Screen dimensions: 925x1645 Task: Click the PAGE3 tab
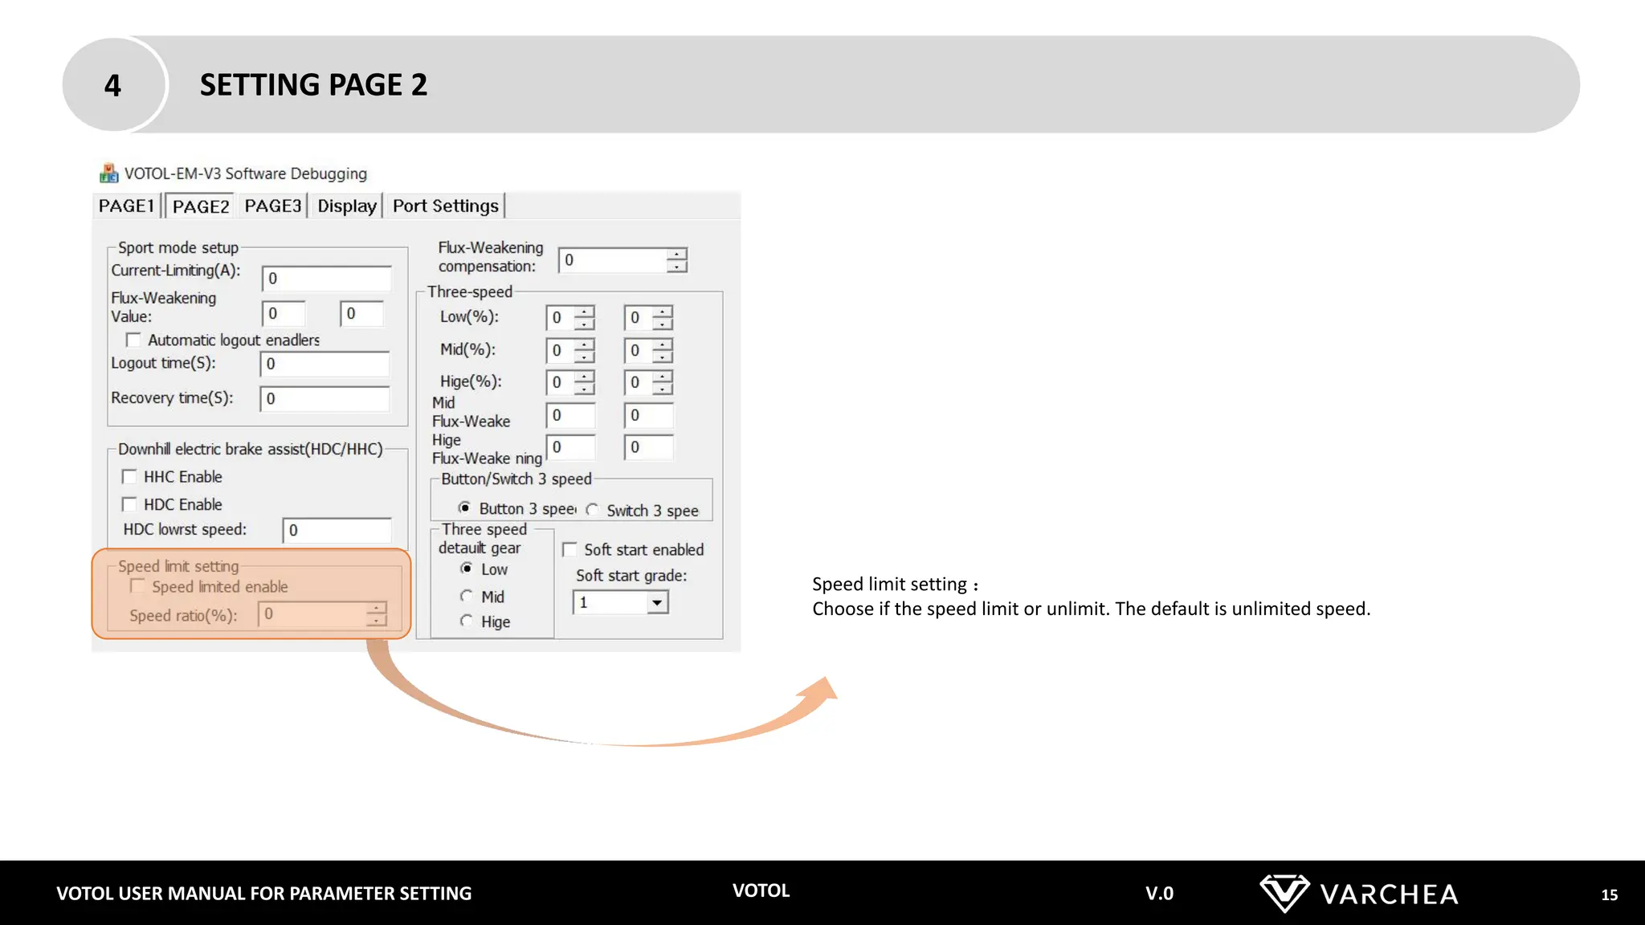pos(273,206)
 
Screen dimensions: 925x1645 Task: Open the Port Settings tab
pos(445,206)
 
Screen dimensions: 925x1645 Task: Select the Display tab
pos(347,206)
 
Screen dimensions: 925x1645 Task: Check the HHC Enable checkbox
pos(129,477)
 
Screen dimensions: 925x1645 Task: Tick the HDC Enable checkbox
pos(129,504)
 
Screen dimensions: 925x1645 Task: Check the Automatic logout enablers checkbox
pos(133,340)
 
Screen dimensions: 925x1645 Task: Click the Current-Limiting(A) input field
pos(326,279)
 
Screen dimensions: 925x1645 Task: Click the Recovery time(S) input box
pos(325,399)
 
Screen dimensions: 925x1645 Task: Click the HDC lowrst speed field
pos(337,531)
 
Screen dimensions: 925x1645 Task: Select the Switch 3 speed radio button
pos(593,510)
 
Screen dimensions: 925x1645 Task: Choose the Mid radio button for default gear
pos(466,596)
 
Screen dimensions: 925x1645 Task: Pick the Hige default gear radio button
pos(466,621)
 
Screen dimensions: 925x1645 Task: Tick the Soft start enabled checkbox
pos(570,550)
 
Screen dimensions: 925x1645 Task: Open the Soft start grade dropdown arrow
pos(657,602)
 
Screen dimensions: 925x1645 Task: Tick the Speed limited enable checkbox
pos(138,587)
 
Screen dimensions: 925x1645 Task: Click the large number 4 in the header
pos(112,85)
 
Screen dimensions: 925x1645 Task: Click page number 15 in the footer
pos(1609,894)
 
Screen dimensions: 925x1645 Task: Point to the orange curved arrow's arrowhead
pos(822,689)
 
